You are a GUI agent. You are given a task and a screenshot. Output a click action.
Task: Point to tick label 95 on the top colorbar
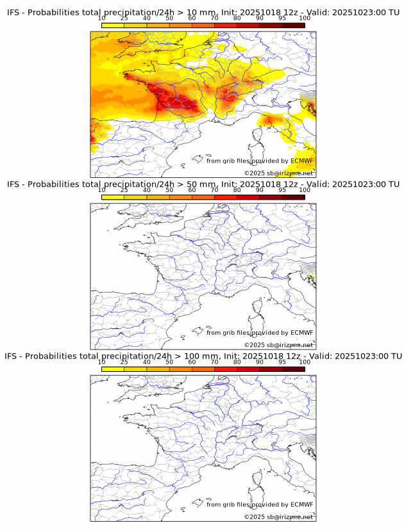[282, 19]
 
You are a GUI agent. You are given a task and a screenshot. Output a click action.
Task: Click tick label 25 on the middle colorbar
[124, 190]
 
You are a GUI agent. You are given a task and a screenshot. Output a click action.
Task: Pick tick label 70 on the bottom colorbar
[214, 362]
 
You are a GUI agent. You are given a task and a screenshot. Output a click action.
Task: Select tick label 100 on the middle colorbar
[305, 190]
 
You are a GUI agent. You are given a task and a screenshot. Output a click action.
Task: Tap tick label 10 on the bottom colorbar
[101, 362]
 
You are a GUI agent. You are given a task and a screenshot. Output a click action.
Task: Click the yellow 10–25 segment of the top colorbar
[113, 25]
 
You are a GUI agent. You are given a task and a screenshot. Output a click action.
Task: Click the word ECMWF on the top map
[301, 161]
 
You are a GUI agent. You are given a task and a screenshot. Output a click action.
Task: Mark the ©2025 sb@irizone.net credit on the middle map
[279, 344]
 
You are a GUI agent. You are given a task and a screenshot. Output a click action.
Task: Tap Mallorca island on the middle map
[198, 331]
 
